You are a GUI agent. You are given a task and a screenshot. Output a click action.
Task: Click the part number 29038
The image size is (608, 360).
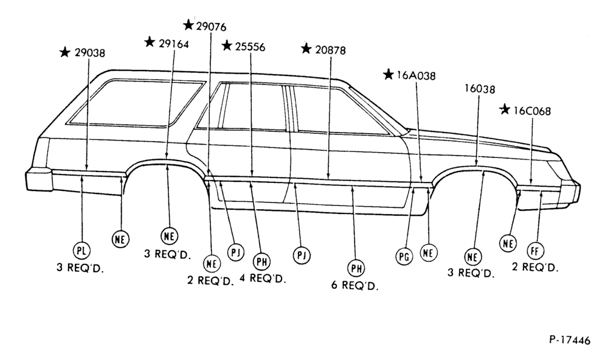pyautogui.click(x=89, y=53)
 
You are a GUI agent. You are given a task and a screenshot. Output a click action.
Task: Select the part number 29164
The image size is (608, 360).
pyautogui.click(x=174, y=44)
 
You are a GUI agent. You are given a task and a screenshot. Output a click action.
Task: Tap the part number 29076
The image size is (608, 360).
pyautogui.click(x=211, y=26)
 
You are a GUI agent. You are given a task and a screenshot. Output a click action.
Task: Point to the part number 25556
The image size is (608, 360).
pyautogui.click(x=250, y=47)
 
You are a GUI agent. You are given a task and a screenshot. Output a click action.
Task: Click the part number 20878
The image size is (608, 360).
pyautogui.click(x=330, y=50)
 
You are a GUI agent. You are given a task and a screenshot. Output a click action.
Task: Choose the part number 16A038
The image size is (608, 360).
pyautogui.click(x=416, y=75)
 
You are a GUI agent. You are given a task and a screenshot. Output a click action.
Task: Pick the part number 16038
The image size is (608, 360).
pyautogui.click(x=480, y=89)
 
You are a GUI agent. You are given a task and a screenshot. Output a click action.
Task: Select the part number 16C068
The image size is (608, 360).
pyautogui.click(x=532, y=111)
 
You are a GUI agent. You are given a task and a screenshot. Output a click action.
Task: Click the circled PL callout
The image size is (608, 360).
pyautogui.click(x=81, y=250)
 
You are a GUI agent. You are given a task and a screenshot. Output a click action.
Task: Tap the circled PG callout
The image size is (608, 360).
pyautogui.click(x=404, y=257)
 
